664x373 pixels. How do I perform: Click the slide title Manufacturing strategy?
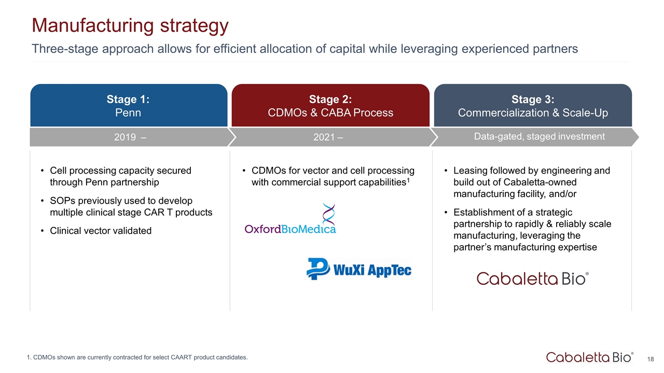tap(130, 26)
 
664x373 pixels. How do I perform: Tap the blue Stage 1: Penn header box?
tap(129, 105)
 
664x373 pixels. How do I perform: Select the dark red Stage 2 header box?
tap(330, 105)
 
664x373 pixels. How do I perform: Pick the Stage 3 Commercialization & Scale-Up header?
tap(533, 105)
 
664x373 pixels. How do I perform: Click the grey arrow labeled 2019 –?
tap(132, 137)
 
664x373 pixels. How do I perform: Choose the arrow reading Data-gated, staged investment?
tap(534, 137)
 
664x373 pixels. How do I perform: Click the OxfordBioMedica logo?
tap(290, 219)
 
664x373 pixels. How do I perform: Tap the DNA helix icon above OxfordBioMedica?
tap(329, 214)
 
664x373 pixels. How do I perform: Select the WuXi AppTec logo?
tap(359, 269)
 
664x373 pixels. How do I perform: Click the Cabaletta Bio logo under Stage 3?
tap(533, 279)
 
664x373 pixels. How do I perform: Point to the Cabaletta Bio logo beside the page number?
tap(590, 357)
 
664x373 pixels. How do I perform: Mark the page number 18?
tap(651, 359)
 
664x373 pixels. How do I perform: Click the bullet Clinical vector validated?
tap(101, 231)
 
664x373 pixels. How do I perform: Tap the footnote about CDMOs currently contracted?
tap(137, 357)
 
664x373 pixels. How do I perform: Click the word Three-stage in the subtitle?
tap(65, 49)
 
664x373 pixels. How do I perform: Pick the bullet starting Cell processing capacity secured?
tap(116, 176)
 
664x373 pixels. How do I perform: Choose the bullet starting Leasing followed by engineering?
tap(527, 182)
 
